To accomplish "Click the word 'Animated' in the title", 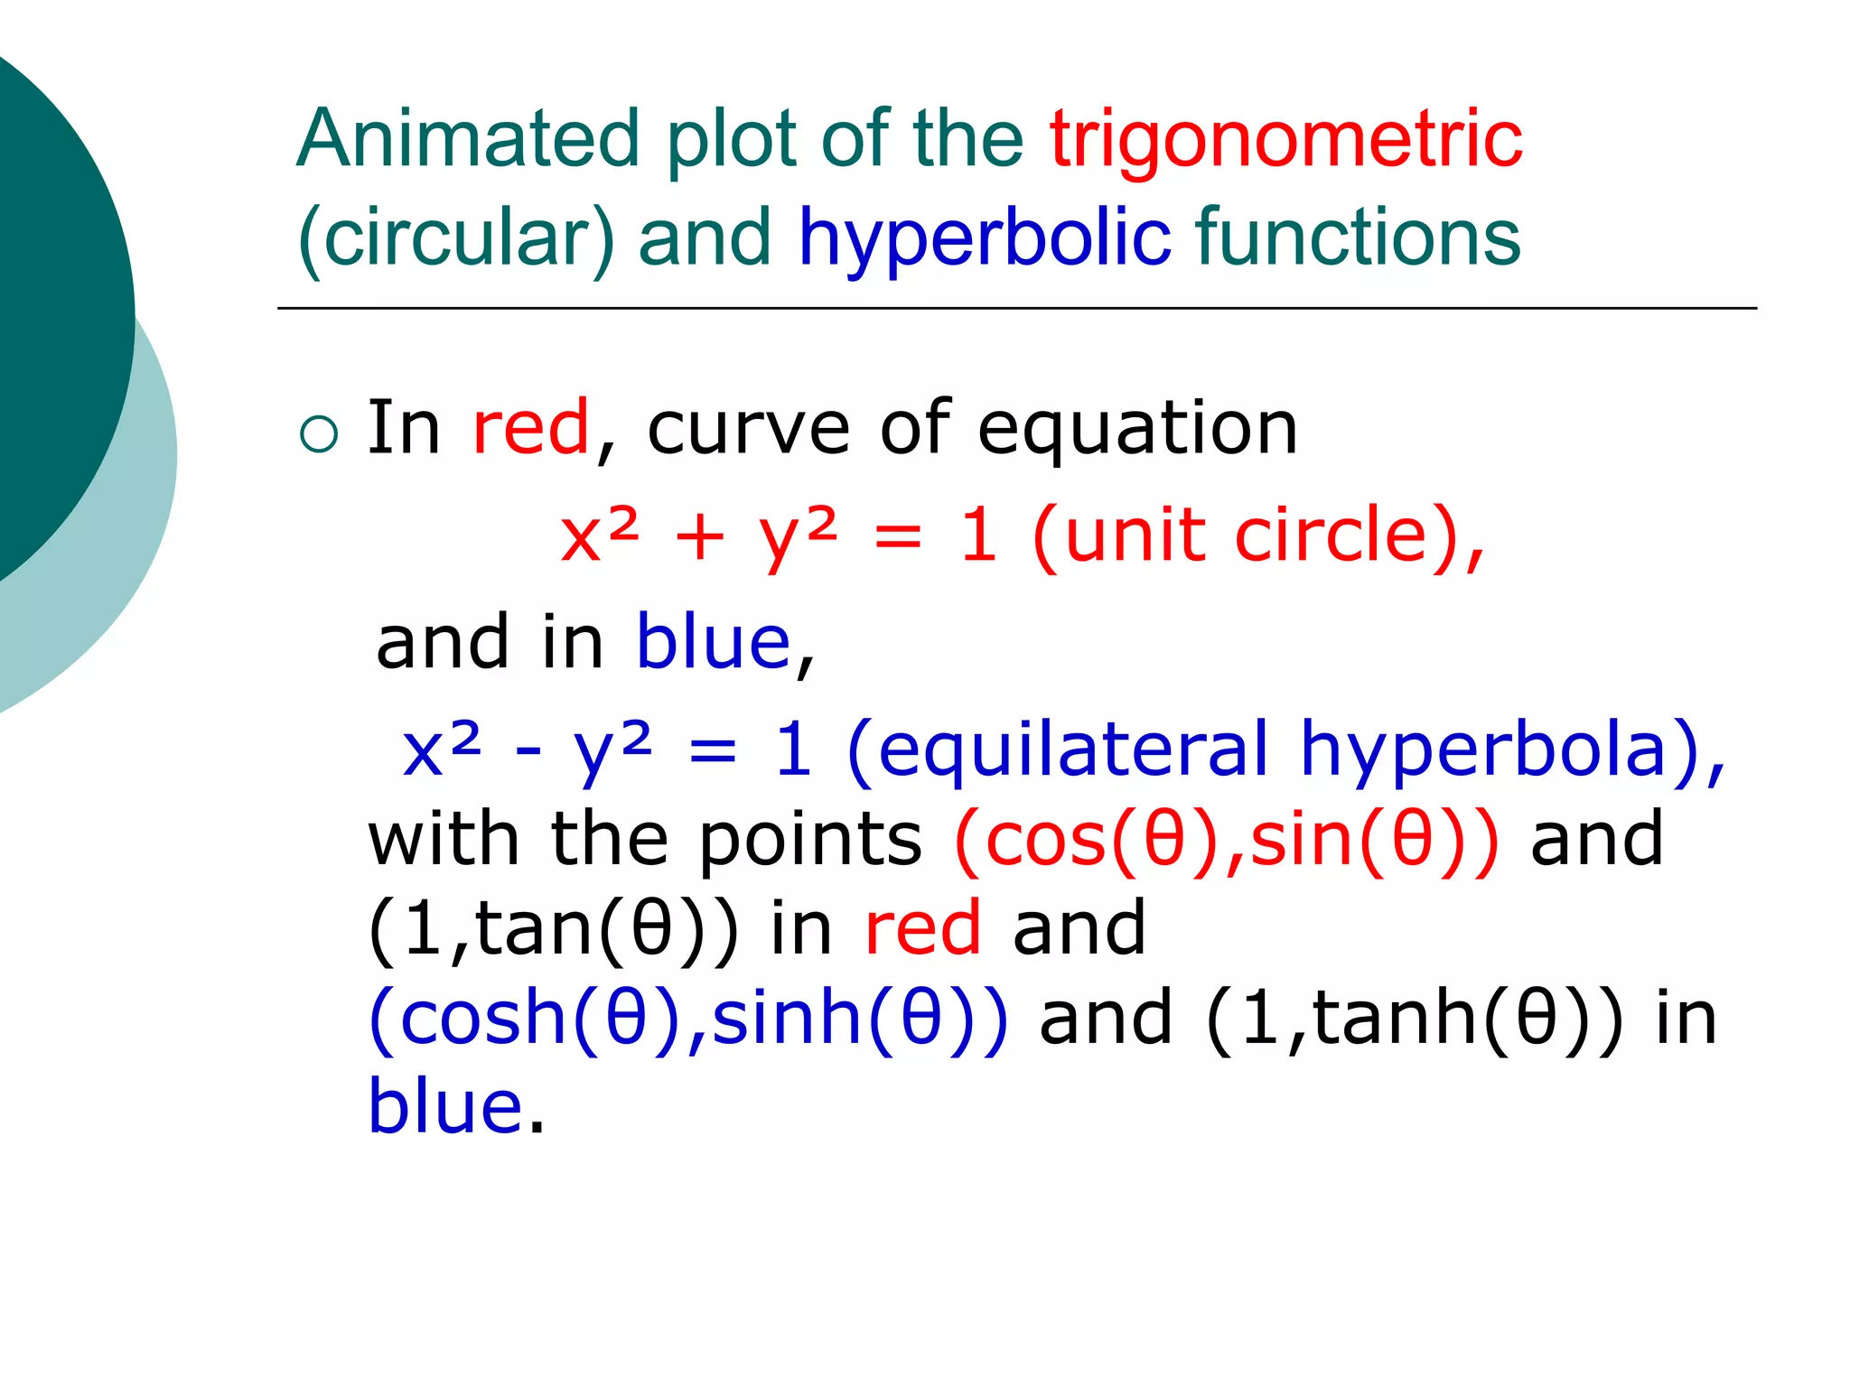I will (x=468, y=139).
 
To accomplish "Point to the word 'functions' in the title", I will (x=1358, y=237).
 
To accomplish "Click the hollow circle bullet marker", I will (x=318, y=434).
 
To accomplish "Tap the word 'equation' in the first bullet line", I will (x=1137, y=428).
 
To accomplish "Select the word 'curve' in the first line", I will (x=748, y=428).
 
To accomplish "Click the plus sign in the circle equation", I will (x=699, y=538).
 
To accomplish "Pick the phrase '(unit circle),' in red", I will (x=1257, y=536).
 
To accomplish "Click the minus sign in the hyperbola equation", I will (x=528, y=751).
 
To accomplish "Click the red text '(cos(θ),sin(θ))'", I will (x=1226, y=840).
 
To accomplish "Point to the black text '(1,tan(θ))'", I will (x=552, y=929).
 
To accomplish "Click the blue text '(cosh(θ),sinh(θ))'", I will (x=687, y=1019).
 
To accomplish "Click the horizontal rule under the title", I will (x=1016, y=309).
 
